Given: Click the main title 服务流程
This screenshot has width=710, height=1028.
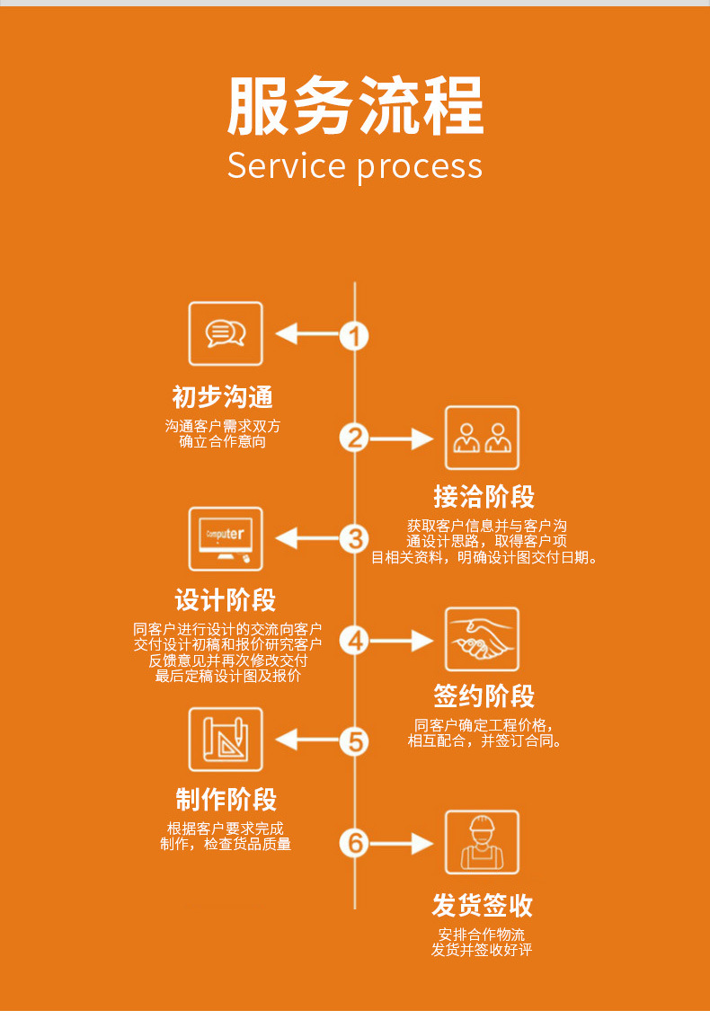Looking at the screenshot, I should click(355, 106).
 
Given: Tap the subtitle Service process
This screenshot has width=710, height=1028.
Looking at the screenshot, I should click(355, 166).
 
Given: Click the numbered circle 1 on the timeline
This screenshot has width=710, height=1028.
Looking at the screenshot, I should click(355, 335).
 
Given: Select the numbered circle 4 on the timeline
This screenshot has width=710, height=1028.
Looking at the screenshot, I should click(355, 640).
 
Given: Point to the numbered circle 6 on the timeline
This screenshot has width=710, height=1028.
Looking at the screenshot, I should click(355, 843).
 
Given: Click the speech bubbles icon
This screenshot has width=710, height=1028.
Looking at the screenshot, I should click(226, 333).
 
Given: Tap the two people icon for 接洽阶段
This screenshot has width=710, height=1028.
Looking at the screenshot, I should click(482, 438).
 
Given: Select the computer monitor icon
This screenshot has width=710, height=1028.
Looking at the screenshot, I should click(226, 538).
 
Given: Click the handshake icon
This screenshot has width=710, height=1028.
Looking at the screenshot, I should click(482, 639).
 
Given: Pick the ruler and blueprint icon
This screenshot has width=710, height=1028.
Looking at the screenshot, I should click(226, 740).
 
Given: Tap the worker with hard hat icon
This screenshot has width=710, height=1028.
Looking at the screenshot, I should click(482, 842).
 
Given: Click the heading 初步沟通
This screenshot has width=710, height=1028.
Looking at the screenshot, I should click(222, 397).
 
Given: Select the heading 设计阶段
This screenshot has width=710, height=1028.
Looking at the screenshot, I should click(226, 600).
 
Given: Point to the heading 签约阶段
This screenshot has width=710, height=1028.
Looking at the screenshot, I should click(484, 696).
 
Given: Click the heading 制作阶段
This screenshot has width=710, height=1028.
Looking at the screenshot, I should click(226, 800).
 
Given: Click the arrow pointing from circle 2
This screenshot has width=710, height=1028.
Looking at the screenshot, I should click(403, 439).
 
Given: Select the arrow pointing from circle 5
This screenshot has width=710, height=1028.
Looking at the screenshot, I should click(306, 740).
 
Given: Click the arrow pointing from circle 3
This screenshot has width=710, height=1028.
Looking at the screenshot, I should click(306, 538).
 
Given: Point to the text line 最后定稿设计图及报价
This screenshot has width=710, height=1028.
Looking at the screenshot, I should click(227, 676).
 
